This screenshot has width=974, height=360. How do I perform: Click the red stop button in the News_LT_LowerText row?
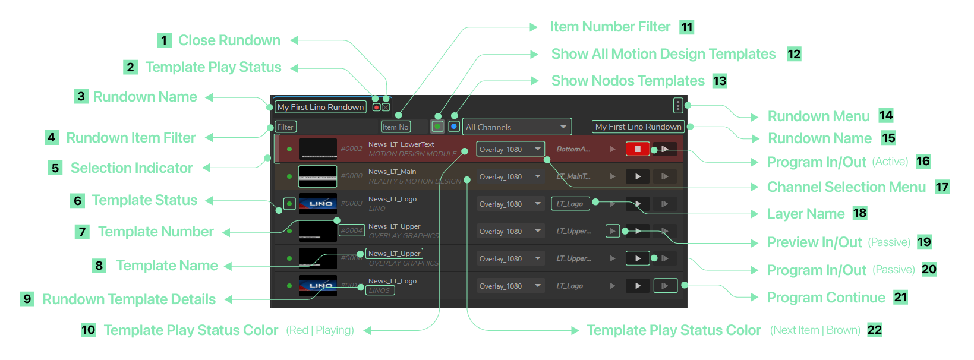click(637, 149)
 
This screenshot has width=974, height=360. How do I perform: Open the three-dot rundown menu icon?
click(677, 106)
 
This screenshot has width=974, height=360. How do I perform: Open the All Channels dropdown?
click(516, 127)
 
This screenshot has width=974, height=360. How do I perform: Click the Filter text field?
click(285, 127)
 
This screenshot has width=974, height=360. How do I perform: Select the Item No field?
click(395, 127)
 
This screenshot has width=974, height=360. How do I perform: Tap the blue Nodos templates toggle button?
click(453, 127)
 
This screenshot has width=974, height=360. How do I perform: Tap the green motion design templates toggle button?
click(437, 127)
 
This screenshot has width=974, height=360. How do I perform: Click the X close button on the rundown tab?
click(386, 108)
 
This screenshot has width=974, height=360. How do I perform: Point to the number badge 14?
click(886, 115)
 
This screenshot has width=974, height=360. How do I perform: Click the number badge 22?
click(875, 330)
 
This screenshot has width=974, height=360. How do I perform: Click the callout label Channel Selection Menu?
click(846, 187)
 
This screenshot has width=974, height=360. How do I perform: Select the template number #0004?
click(352, 230)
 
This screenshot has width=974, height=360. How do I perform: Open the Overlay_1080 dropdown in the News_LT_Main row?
click(510, 177)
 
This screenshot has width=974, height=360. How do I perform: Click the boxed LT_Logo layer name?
click(570, 204)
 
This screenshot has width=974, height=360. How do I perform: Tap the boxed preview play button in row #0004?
click(612, 231)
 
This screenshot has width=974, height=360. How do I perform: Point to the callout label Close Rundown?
click(229, 40)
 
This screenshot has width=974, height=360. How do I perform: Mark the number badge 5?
click(55, 168)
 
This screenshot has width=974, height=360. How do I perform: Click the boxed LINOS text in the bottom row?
click(380, 290)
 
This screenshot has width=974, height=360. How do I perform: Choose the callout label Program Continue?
click(826, 298)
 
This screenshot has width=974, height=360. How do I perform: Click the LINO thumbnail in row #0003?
click(318, 204)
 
